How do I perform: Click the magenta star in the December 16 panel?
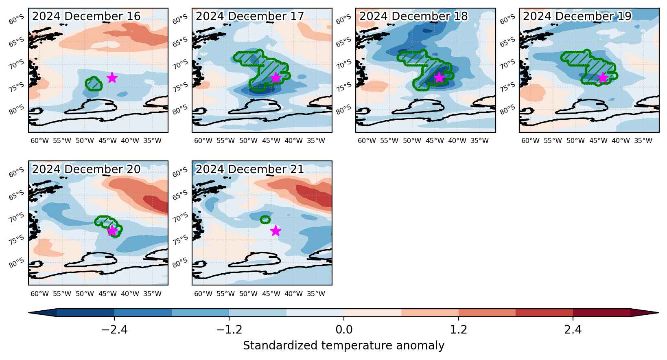pos(112,77)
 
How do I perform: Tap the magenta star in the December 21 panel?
pos(276,230)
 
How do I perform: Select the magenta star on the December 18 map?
pos(439,77)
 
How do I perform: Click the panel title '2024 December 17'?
pos(249,16)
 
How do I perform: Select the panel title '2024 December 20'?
pos(86,169)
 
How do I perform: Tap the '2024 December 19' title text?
pos(577,16)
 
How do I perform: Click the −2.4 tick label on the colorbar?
pos(115,329)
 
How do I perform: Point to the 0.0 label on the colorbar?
pos(344,329)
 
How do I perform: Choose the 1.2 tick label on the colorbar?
pos(459,329)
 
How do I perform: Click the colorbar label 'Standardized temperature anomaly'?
pos(343,346)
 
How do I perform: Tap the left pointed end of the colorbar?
pos(29,313)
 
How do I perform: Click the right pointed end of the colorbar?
pos(658,313)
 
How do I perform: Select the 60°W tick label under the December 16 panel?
pos(39,140)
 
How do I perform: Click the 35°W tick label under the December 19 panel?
pos(643,140)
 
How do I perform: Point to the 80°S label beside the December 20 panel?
pos(16,263)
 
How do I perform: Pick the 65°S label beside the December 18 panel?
pos(343,42)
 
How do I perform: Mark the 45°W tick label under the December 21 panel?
pos(271,294)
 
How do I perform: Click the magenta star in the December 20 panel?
pos(112,230)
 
